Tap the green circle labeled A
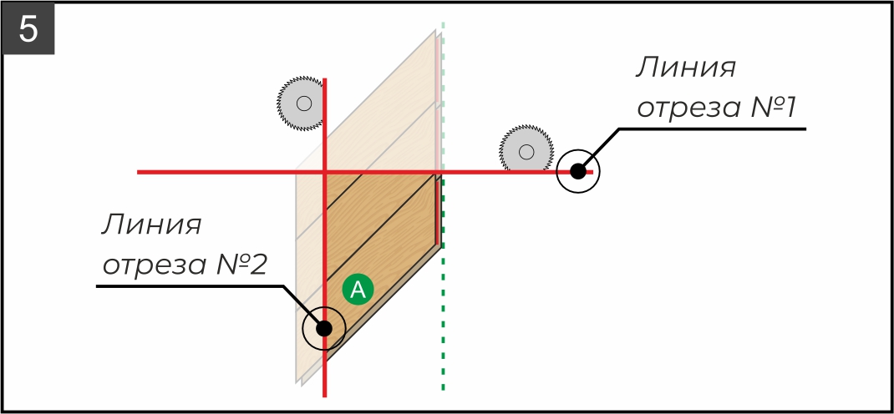(358, 290)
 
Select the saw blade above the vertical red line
(301, 103)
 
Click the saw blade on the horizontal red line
(526, 151)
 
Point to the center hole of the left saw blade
(303, 103)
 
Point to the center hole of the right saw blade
(526, 152)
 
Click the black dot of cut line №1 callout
(577, 172)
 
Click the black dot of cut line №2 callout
(324, 328)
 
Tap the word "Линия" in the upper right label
(685, 68)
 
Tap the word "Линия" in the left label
(153, 225)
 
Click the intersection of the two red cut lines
(324, 172)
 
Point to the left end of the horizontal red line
(140, 172)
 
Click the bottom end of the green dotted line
(443, 388)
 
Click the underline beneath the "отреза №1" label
(710, 129)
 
